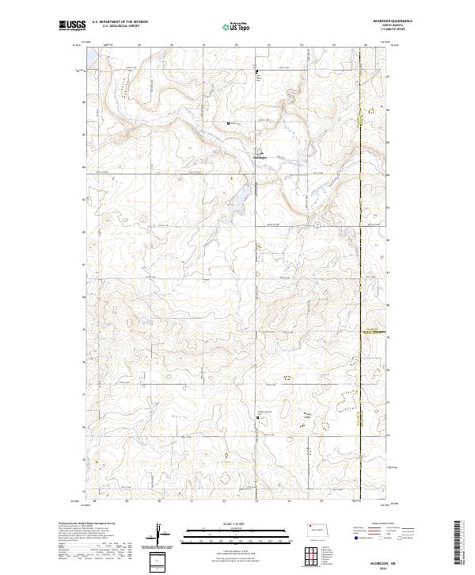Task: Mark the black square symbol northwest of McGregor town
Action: [x=230, y=124]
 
